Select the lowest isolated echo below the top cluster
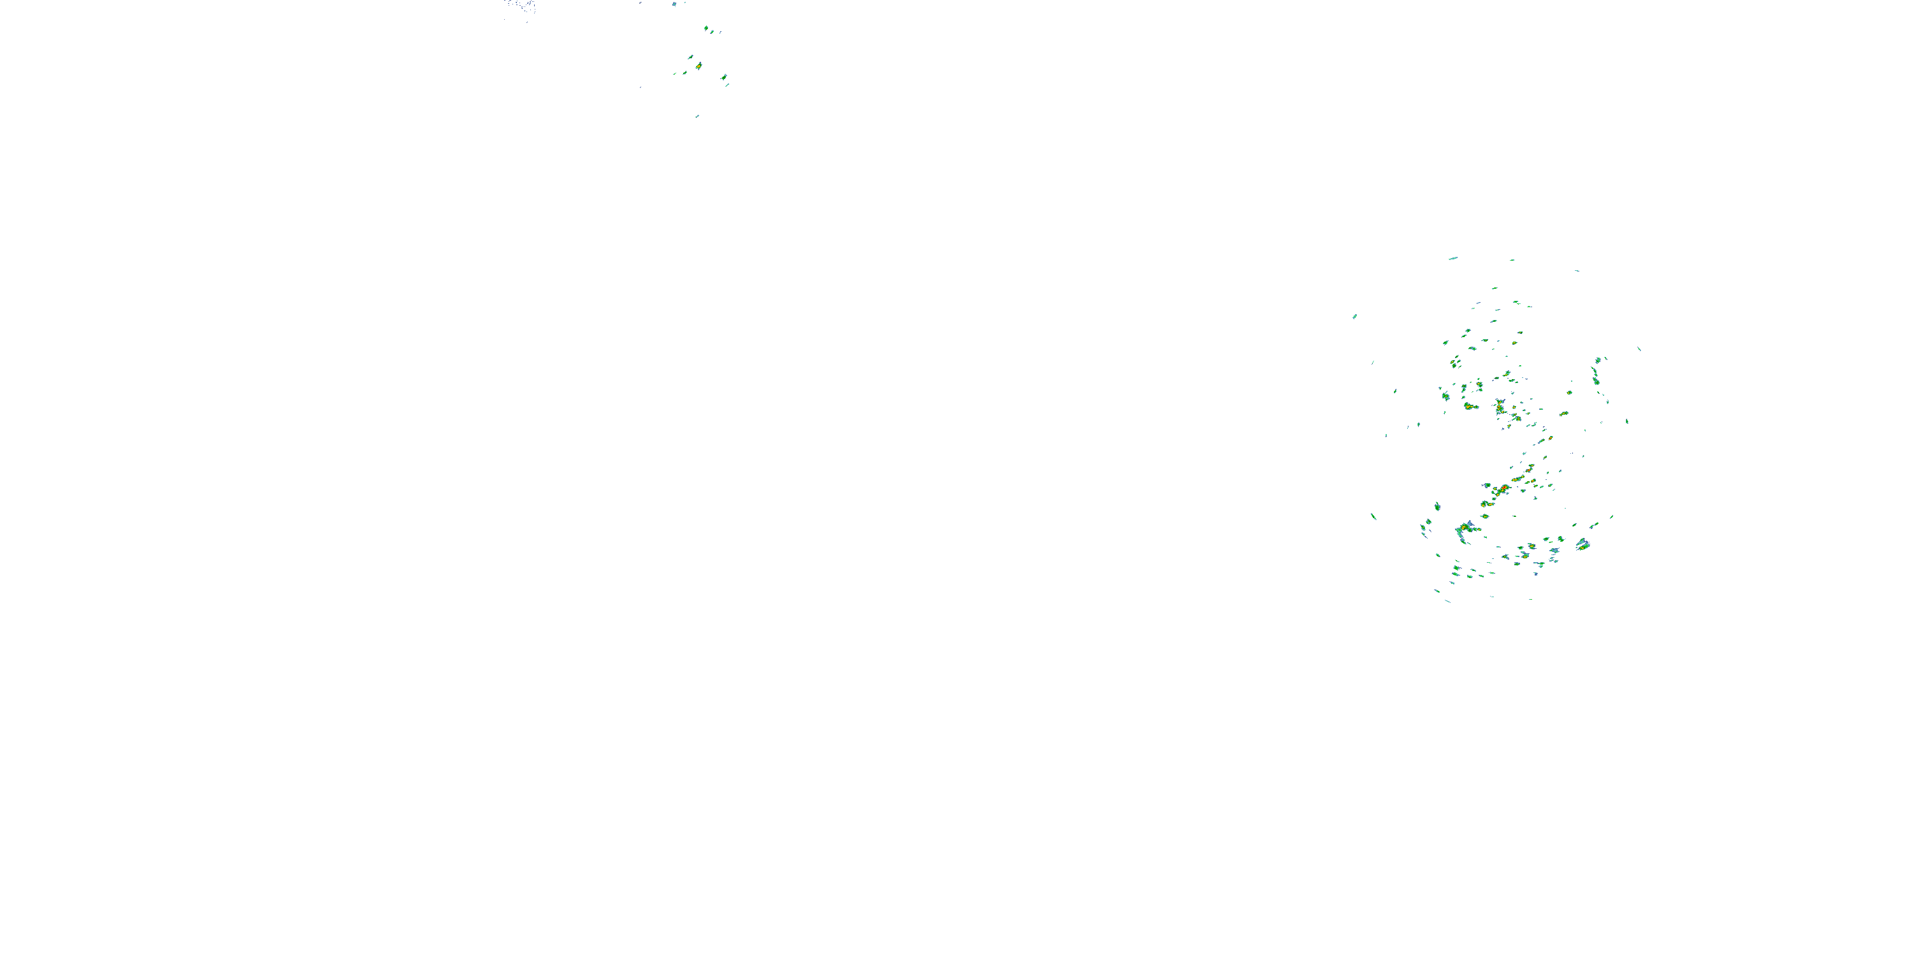pyautogui.click(x=697, y=117)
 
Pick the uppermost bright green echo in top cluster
pyautogui.click(x=707, y=29)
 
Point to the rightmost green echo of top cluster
pyautogui.click(x=725, y=77)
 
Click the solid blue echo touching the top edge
pyautogui.click(x=674, y=4)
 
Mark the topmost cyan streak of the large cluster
pyautogui.click(x=1452, y=258)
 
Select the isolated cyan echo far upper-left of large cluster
pyautogui.click(x=1354, y=316)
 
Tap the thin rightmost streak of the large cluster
pyautogui.click(x=1639, y=348)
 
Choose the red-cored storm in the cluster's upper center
pyautogui.click(x=1500, y=407)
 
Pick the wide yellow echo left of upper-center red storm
pyautogui.click(x=1470, y=407)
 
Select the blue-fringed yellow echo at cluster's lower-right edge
pyautogui.click(x=1582, y=545)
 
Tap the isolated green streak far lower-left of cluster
pyautogui.click(x=1373, y=516)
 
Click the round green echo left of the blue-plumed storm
pyautogui.click(x=1437, y=507)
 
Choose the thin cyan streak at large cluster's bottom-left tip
pyautogui.click(x=1447, y=600)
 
